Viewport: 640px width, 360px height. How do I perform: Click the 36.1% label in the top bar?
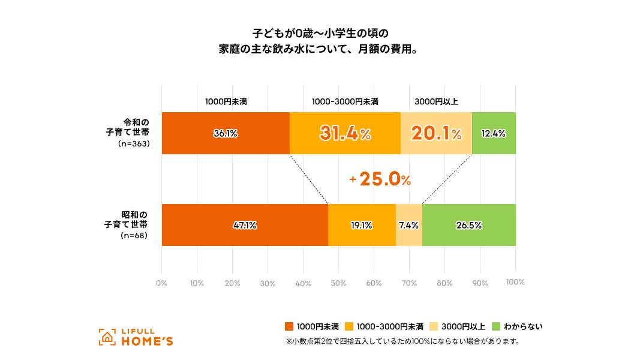[x=226, y=134]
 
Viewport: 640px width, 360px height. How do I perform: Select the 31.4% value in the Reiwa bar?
[x=345, y=134]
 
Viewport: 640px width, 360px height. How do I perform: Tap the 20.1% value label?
[x=436, y=134]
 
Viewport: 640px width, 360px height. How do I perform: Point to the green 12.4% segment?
[x=494, y=134]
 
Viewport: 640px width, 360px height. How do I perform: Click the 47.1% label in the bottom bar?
[x=245, y=226]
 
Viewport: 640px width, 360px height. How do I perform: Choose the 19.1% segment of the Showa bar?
[x=361, y=226]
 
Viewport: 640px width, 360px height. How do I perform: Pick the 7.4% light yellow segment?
[x=408, y=226]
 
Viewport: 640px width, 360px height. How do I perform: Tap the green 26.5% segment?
[x=468, y=226]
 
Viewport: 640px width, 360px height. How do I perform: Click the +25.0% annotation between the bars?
[x=380, y=179]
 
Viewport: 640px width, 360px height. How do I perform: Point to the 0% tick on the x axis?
[x=161, y=283]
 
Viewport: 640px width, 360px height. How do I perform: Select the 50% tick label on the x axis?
[x=338, y=283]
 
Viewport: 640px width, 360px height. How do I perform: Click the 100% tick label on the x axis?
[x=515, y=283]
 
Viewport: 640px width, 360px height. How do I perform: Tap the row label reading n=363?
[x=134, y=145]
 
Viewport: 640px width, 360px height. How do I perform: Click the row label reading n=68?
[x=136, y=236]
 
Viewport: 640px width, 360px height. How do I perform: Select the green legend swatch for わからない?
[x=496, y=327]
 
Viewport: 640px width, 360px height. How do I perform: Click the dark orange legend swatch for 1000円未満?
[x=289, y=327]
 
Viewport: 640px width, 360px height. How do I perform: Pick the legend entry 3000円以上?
[x=462, y=327]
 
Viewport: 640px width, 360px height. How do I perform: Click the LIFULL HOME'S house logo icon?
[x=107, y=337]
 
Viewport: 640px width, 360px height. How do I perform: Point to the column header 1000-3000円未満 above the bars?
[x=345, y=102]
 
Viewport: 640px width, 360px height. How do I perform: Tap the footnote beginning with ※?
[x=402, y=342]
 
